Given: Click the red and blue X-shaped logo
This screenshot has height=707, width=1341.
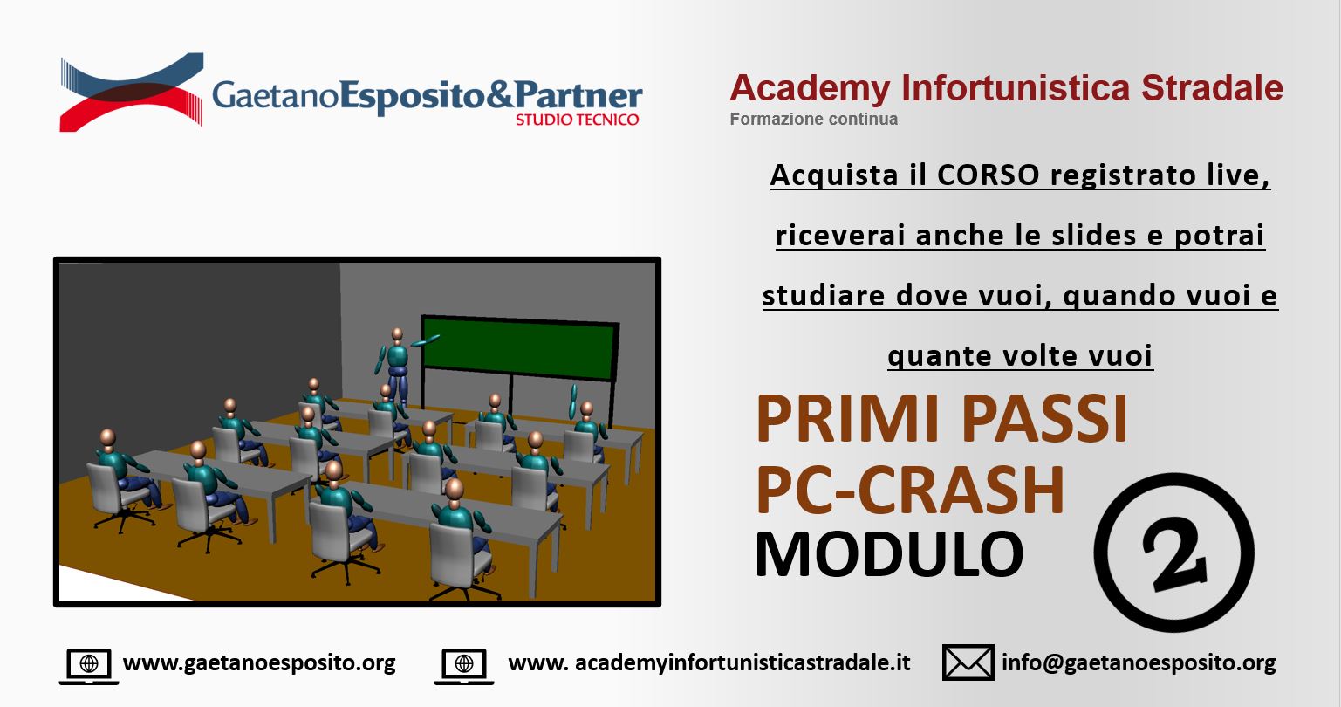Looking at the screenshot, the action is tap(132, 92).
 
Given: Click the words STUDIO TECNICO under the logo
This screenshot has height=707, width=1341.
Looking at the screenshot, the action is tap(577, 120).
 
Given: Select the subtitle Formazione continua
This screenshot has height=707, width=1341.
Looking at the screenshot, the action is tap(813, 120).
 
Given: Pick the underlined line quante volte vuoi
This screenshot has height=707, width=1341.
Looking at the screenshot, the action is tap(1020, 356).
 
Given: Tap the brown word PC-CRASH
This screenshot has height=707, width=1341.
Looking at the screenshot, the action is tap(910, 490).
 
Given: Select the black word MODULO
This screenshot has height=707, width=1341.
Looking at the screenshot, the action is tap(890, 553).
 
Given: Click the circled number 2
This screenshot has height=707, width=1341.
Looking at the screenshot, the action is tap(1174, 553).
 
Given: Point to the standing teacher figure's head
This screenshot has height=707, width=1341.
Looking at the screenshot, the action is tap(397, 334).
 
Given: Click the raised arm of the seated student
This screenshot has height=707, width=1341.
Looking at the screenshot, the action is tap(573, 401).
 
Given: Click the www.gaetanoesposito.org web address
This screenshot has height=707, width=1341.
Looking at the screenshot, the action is tap(259, 662).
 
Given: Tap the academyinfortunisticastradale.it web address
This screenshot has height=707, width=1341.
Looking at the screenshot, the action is tap(709, 662).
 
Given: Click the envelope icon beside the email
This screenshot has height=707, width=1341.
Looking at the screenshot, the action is tap(968, 662).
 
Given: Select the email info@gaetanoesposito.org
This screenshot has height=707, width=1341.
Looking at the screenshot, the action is tap(1139, 662).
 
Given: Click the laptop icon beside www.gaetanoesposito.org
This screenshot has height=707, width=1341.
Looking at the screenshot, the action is tap(89, 666).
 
